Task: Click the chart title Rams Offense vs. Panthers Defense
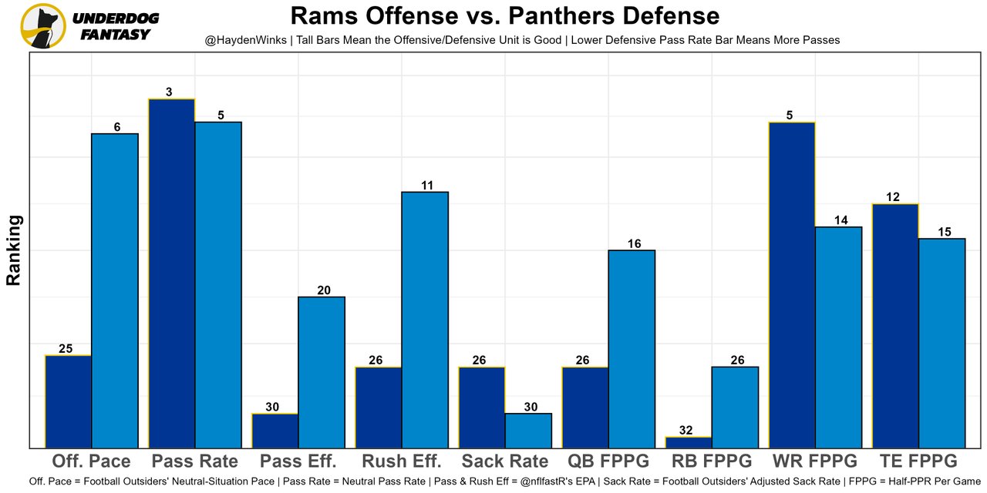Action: pos(504,15)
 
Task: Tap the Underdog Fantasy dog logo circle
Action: pos(43,25)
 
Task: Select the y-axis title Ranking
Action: pos(13,250)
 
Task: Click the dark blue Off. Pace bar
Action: pos(69,401)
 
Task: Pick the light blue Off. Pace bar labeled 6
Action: pos(115,290)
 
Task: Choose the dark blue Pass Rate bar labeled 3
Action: pos(172,273)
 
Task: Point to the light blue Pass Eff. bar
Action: pos(322,372)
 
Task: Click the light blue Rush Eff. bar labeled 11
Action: pos(425,320)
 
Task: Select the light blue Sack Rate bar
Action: pos(528,431)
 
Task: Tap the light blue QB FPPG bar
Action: pos(632,349)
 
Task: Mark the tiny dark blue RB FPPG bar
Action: pos(689,442)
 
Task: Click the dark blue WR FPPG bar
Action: pos(792,285)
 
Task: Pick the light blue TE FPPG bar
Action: pos(942,343)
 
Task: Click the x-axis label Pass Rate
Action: pos(195,461)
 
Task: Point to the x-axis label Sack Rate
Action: pos(505,461)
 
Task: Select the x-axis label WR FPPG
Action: pos(815,461)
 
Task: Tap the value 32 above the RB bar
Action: pos(689,431)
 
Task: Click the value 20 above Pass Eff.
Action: pos(322,290)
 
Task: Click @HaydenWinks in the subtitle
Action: pos(242,39)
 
